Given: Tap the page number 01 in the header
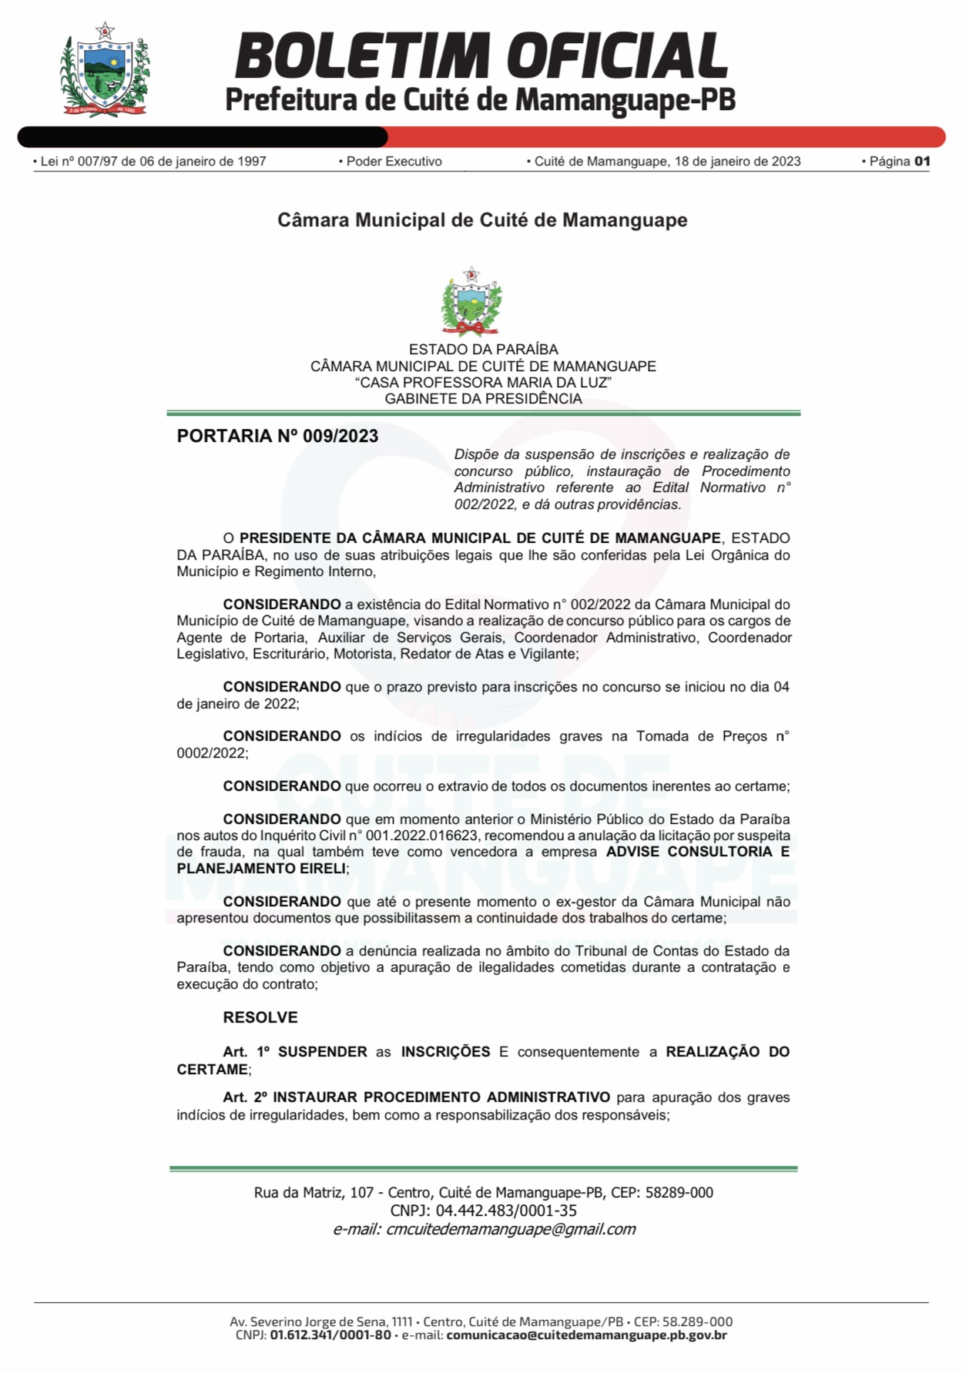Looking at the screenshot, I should [921, 161].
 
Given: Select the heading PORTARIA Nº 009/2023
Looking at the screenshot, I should [277, 436].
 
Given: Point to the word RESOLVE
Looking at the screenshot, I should [260, 1017].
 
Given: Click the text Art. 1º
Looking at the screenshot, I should [246, 1052].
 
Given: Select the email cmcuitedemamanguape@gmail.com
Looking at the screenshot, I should [511, 1229].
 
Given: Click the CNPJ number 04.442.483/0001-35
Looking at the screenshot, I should [506, 1211].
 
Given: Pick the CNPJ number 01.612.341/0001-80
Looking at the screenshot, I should [330, 1335].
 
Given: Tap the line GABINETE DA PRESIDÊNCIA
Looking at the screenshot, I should [483, 399].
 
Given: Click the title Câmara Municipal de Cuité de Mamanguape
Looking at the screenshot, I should [482, 220].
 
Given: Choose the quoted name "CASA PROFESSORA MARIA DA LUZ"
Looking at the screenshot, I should [483, 383].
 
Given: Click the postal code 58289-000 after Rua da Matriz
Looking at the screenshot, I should [679, 1192].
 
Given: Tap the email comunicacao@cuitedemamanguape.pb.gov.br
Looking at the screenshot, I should [586, 1335].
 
